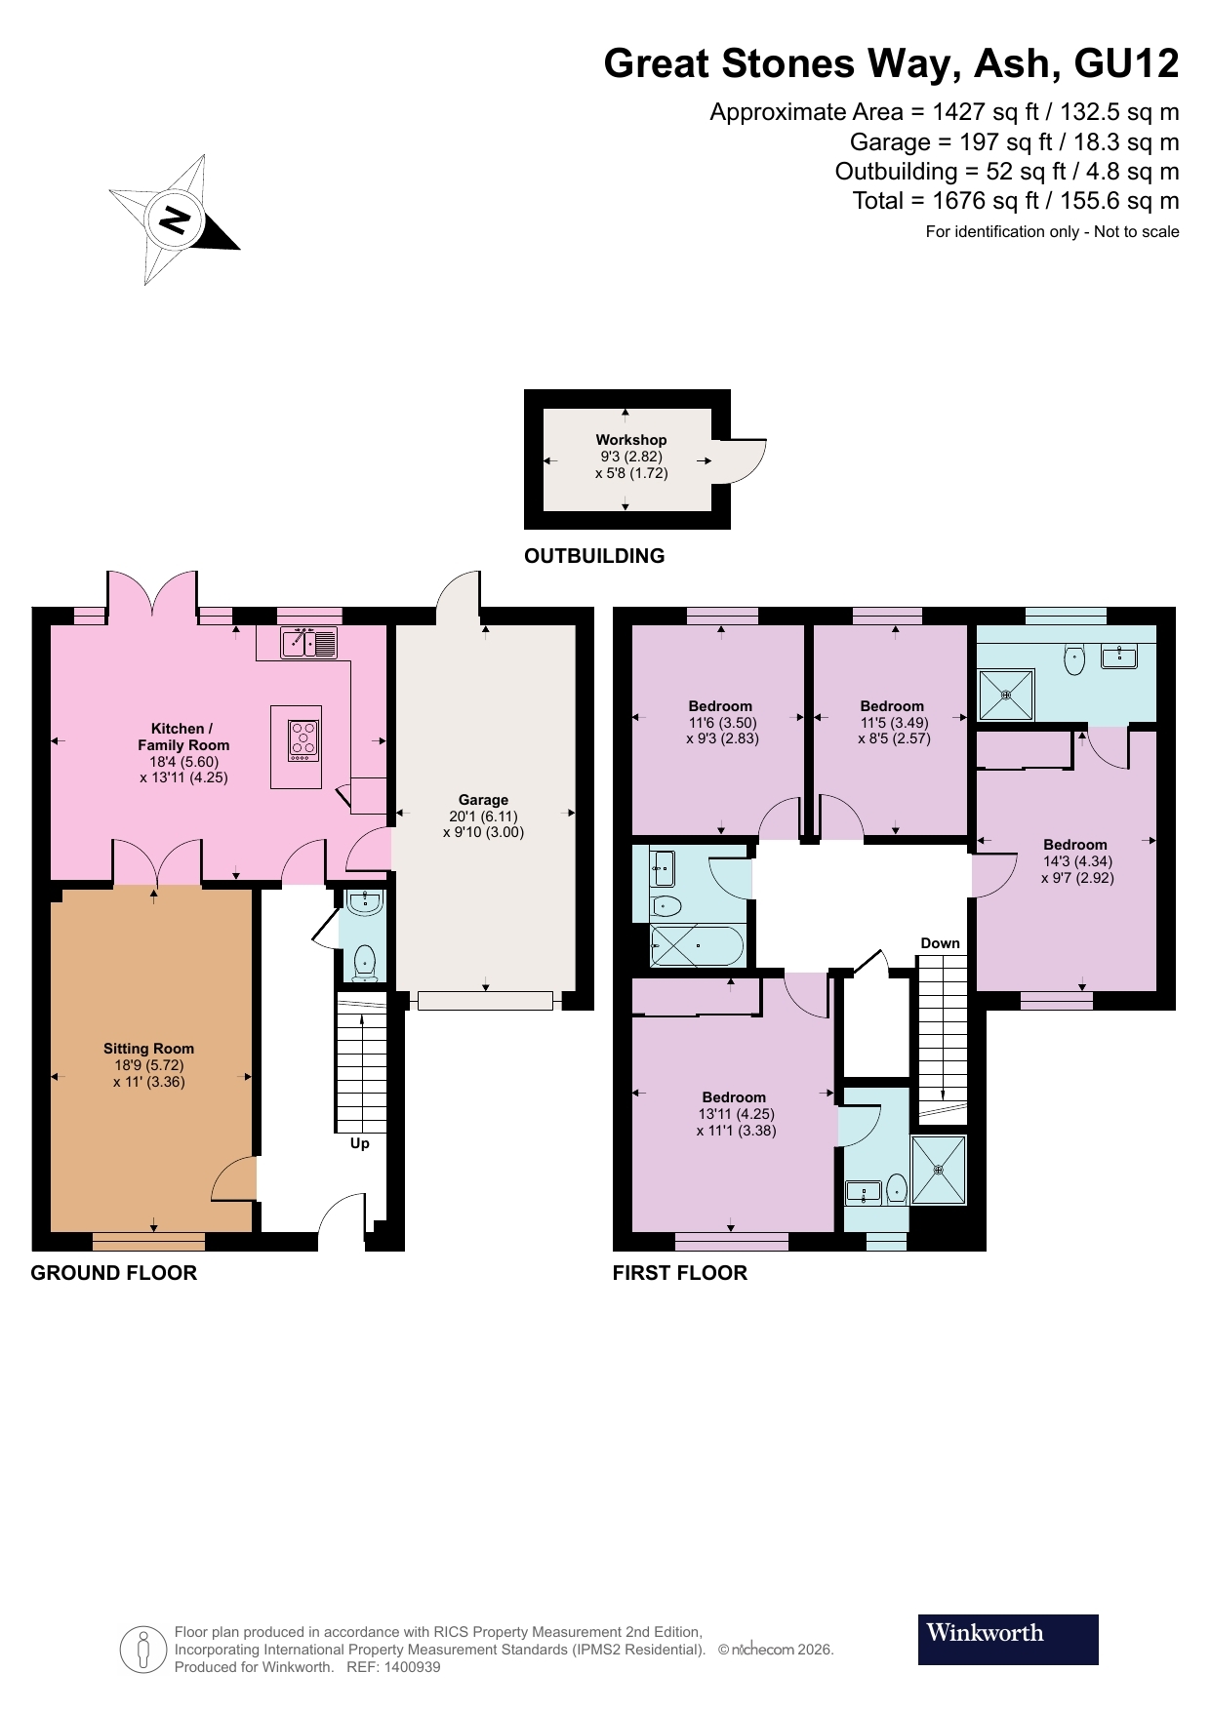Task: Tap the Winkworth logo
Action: click(x=1007, y=1639)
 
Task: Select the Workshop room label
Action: click(x=630, y=440)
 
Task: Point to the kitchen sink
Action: click(x=309, y=643)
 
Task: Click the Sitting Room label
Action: click(x=148, y=1049)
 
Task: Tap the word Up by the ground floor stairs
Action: click(x=360, y=1143)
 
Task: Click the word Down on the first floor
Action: click(x=940, y=943)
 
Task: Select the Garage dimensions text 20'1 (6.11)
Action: click(x=483, y=816)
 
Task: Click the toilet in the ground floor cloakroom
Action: click(x=365, y=960)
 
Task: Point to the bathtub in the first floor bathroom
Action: click(x=697, y=947)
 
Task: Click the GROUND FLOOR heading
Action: click(x=113, y=1273)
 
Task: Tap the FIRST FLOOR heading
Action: click(x=679, y=1273)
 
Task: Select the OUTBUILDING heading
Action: click(x=594, y=556)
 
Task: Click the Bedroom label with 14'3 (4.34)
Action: click(x=1075, y=845)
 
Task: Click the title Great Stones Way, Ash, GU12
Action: click(x=891, y=63)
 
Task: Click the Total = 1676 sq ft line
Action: click(x=1015, y=201)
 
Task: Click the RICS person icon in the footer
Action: click(x=143, y=1650)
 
